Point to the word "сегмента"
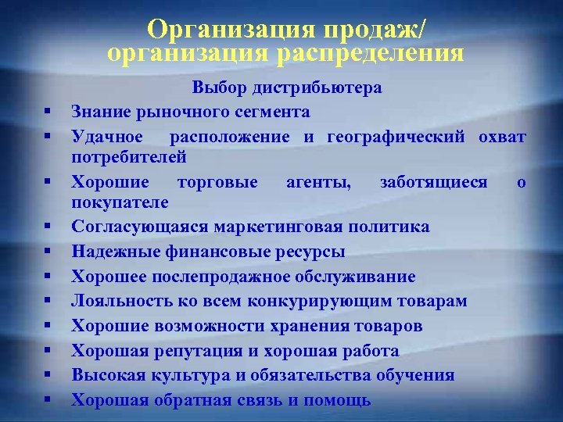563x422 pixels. pos(275,112)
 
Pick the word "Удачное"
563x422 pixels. pos(107,137)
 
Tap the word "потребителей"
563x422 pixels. pos(128,156)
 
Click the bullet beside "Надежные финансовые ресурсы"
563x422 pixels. pos(48,252)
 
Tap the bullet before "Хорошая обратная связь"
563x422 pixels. pos(48,400)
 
